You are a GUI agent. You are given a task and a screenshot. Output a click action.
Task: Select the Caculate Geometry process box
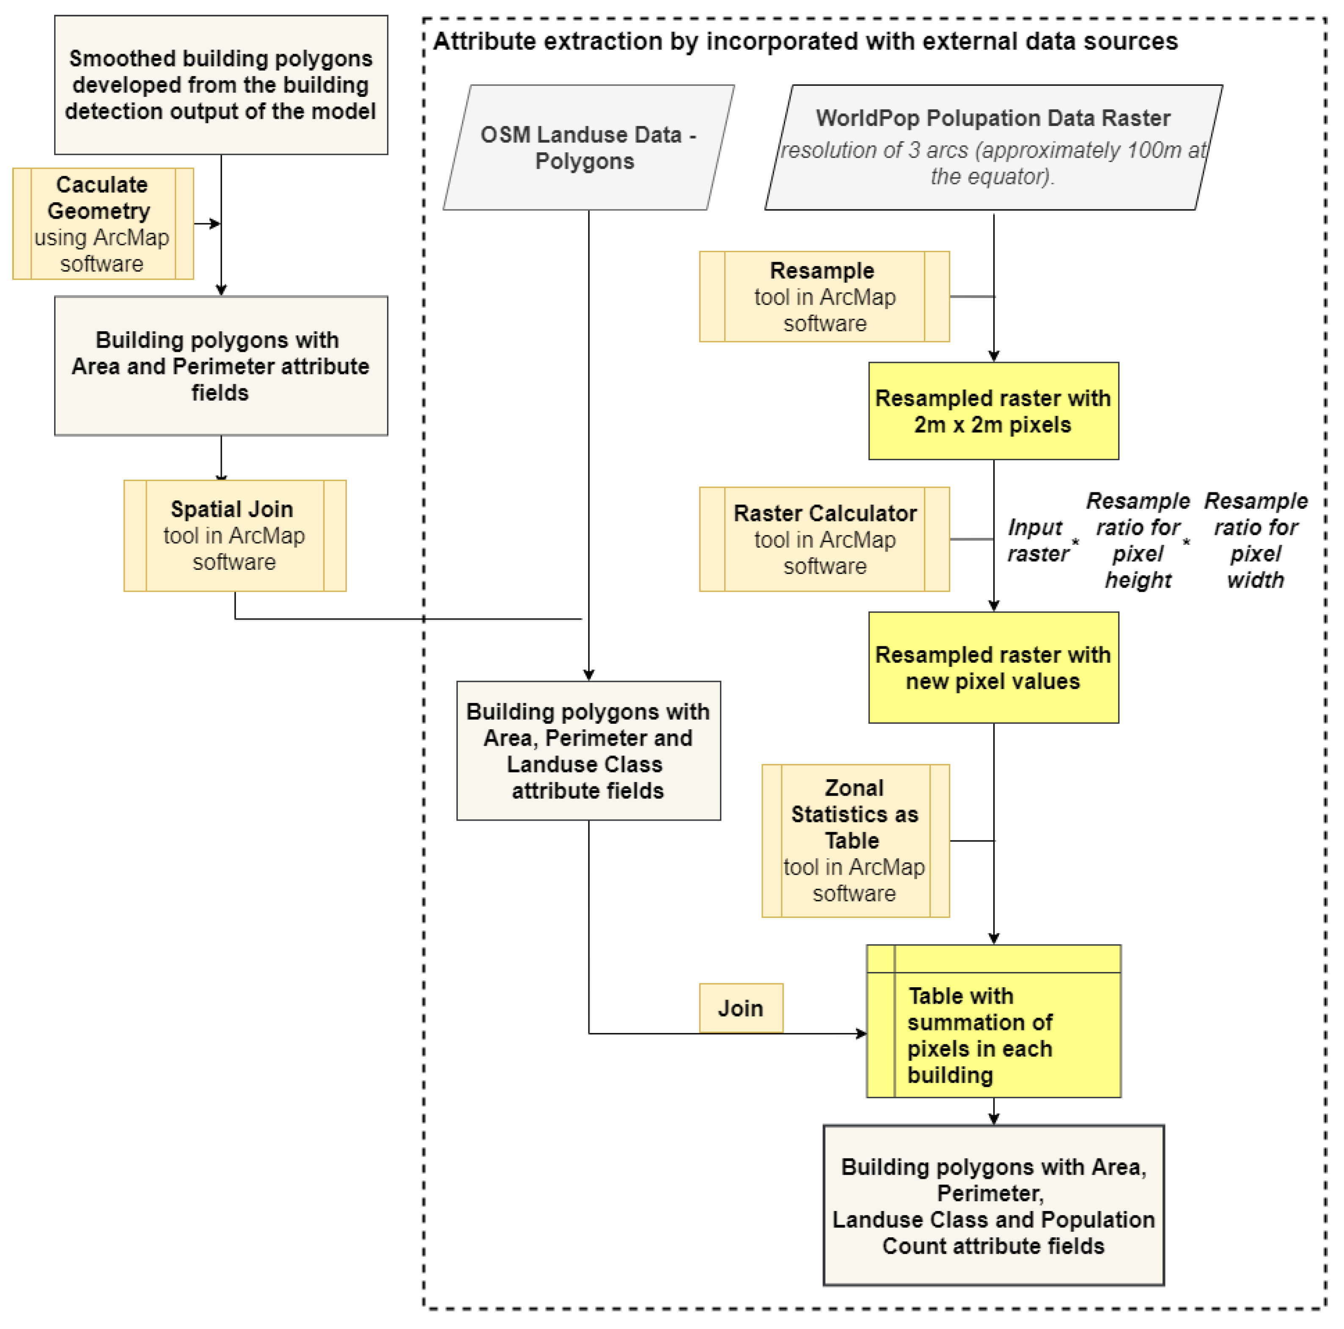point(103,223)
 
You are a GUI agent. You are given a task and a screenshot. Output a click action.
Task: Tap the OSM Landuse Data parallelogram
point(588,148)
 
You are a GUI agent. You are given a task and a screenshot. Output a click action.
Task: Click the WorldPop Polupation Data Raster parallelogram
point(993,148)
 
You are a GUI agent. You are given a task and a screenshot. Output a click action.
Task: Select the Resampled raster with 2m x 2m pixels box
point(993,411)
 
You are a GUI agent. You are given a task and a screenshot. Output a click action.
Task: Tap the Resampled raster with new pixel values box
point(993,667)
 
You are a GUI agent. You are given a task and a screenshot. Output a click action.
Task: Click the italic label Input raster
point(1037,541)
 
